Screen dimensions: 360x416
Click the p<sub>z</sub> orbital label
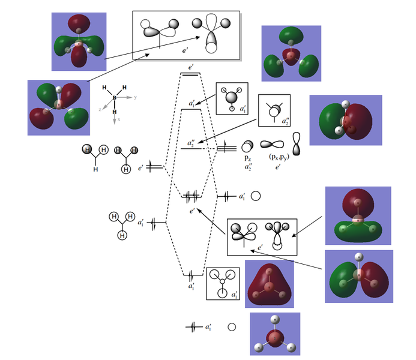tap(247, 157)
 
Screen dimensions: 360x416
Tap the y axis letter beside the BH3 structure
tap(136, 97)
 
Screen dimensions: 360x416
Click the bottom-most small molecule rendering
tap(275, 334)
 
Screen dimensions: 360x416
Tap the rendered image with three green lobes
tap(291, 53)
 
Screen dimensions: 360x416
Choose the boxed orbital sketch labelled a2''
tap(274, 110)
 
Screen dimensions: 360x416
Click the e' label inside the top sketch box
tap(186, 52)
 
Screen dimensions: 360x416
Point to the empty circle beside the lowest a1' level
tap(231, 328)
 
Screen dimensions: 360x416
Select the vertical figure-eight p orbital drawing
tap(296, 145)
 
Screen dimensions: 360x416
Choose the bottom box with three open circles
tap(223, 283)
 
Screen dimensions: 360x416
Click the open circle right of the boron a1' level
tap(255, 196)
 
